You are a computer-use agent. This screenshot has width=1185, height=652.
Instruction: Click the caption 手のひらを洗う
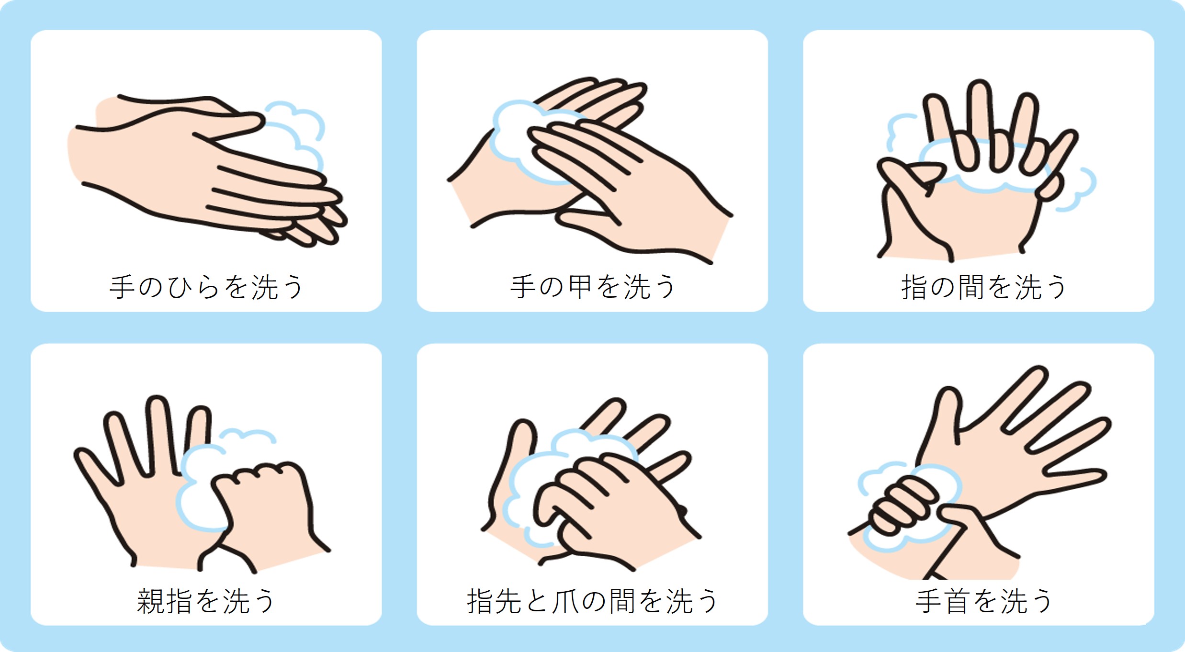[206, 287]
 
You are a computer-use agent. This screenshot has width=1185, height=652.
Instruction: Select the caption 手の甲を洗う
[593, 287]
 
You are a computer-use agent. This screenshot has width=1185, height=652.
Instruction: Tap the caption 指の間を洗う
[984, 287]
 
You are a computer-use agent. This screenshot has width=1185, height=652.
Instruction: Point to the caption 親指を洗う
[206, 601]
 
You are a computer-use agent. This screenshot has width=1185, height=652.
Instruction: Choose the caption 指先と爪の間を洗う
[593, 601]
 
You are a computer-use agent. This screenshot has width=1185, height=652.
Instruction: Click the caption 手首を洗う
[984, 601]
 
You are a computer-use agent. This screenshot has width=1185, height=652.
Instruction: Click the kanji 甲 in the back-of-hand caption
[580, 287]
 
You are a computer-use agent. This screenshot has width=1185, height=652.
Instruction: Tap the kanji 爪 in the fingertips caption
[565, 601]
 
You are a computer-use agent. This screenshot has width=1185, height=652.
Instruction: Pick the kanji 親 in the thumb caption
[150, 601]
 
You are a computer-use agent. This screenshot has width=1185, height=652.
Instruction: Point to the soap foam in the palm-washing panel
[297, 139]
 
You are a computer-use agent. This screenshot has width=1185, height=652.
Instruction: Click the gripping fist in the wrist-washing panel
[900, 507]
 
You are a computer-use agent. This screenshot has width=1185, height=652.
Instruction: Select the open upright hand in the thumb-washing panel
[144, 488]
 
